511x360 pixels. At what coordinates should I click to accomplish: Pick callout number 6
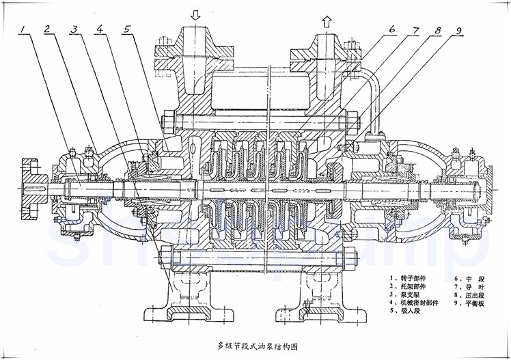[393, 29]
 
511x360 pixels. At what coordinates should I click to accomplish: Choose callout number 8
[437, 29]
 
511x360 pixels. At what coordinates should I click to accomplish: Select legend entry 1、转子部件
[411, 279]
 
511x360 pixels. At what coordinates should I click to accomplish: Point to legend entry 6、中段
[469, 279]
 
